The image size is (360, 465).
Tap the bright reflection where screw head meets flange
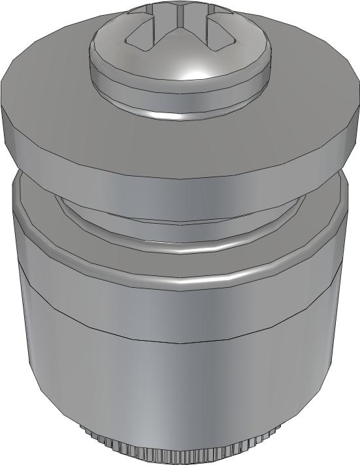coord(171,116)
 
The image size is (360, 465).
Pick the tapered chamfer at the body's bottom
coord(65,412)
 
